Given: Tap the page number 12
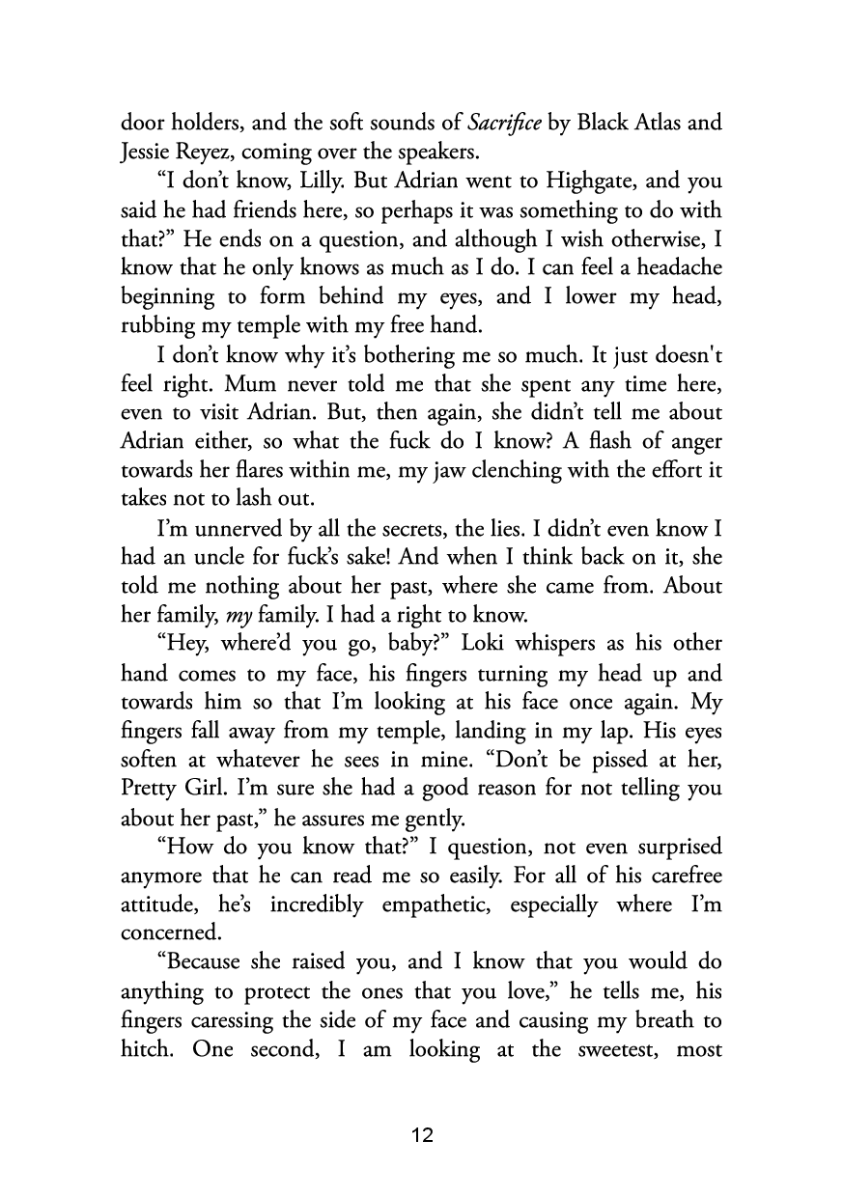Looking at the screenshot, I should click(x=422, y=1135).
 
